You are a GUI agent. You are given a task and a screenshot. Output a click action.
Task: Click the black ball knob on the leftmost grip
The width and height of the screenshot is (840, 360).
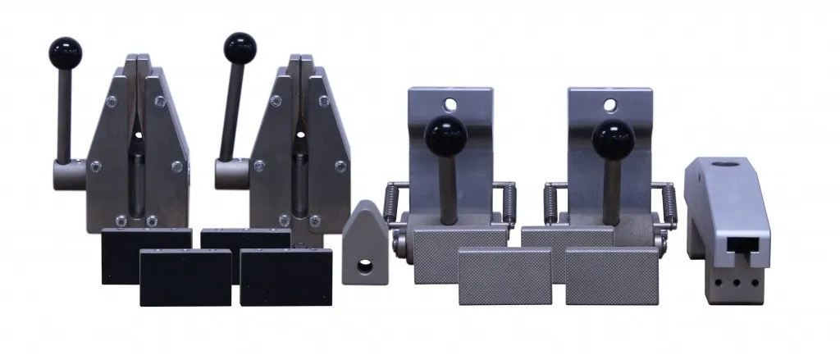point(65,53)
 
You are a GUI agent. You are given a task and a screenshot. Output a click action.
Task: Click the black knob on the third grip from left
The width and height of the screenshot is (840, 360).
point(445,131)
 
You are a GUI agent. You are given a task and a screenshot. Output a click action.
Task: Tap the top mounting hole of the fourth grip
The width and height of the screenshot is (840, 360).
point(609,104)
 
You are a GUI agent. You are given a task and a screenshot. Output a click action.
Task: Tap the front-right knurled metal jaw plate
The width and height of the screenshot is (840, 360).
point(609,275)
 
